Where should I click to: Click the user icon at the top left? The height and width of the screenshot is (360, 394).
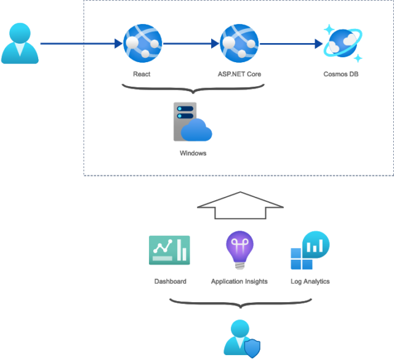[20, 44]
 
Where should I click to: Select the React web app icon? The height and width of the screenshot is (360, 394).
[142, 44]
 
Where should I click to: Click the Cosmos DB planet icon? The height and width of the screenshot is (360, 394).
[344, 44]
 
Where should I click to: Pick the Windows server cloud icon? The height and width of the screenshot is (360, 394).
[192, 122]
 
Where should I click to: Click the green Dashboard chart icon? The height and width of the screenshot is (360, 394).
[169, 250]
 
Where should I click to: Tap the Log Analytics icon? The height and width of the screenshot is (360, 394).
[310, 251]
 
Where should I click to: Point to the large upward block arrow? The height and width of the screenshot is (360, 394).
[239, 205]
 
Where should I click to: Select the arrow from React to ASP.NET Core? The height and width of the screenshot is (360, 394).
[191, 44]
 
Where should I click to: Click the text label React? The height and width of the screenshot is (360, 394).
[142, 74]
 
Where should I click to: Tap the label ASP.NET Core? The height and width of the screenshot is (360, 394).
[239, 74]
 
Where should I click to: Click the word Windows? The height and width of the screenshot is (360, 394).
[193, 153]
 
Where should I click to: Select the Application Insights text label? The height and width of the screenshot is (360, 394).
[239, 281]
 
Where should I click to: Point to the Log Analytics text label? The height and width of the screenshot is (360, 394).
[310, 281]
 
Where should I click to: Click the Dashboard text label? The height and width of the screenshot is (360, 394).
[170, 281]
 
